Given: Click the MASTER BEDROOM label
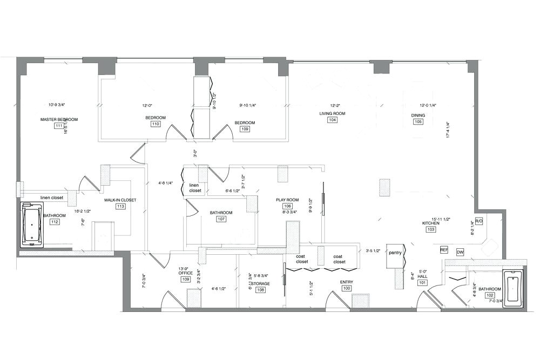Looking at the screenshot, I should pyautogui.click(x=59, y=119).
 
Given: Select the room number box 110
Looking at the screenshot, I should pyautogui.click(x=155, y=124).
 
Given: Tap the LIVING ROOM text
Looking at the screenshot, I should pyautogui.click(x=332, y=113).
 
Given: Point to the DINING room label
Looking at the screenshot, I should pyautogui.click(x=418, y=115).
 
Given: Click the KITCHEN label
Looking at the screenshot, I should pyautogui.click(x=430, y=222).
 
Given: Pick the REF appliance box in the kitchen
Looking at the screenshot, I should pyautogui.click(x=444, y=250).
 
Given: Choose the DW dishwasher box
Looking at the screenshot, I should pyautogui.click(x=460, y=252).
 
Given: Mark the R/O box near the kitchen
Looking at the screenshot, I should pyautogui.click(x=479, y=221).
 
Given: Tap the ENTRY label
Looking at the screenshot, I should pyautogui.click(x=346, y=282).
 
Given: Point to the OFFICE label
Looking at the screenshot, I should pyautogui.click(x=185, y=273).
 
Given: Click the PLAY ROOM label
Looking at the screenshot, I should pyautogui.click(x=287, y=200).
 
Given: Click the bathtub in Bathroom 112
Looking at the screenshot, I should pyautogui.click(x=32, y=225).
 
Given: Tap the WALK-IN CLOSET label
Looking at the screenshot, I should pyautogui.click(x=120, y=200).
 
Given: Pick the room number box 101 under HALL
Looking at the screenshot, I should pyautogui.click(x=422, y=282).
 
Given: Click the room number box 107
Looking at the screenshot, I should pyautogui.click(x=221, y=219).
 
